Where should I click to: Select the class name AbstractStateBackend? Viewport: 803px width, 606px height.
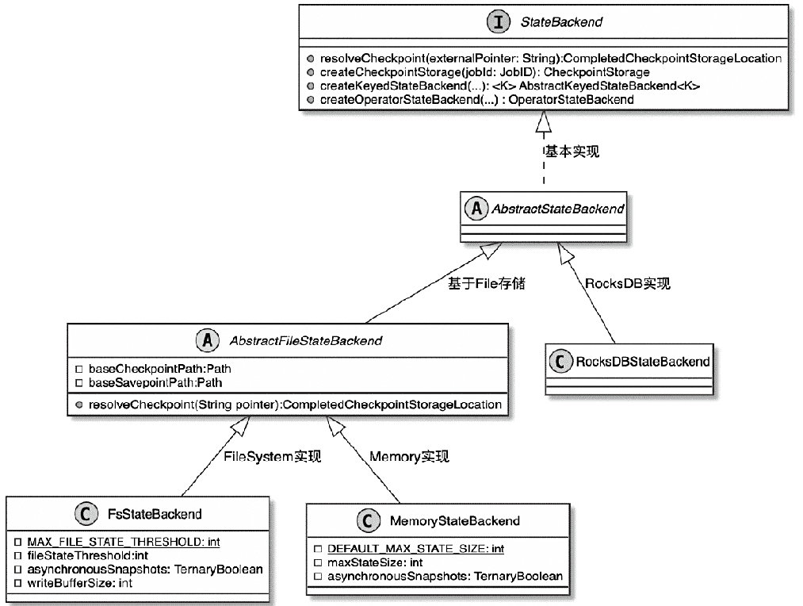558,209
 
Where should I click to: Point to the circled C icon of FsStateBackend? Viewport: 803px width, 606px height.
86,514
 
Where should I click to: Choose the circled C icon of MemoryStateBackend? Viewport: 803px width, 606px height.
367,520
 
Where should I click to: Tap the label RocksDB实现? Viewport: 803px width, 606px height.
627,283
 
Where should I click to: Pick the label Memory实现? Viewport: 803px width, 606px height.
409,457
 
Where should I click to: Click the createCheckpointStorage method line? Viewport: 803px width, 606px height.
484,72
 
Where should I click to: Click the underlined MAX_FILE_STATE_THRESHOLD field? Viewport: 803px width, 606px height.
123,542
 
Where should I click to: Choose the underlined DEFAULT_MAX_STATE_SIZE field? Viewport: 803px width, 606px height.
416,548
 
